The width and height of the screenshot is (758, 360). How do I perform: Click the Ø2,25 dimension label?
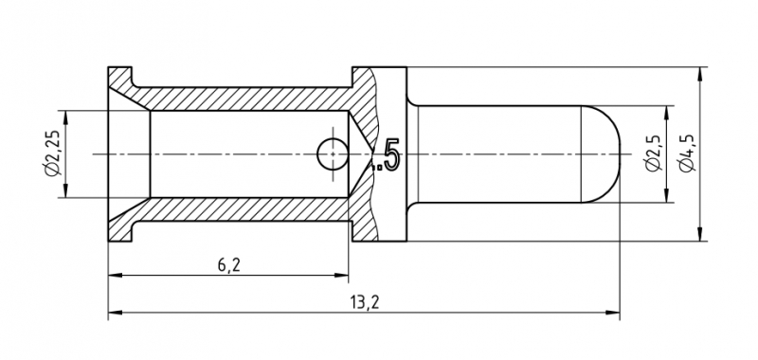coord(53,153)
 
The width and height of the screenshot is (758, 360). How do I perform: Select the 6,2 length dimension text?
coord(228,265)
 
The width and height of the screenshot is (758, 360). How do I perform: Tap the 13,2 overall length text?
coord(365,302)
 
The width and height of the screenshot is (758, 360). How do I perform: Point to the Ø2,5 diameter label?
coord(653,153)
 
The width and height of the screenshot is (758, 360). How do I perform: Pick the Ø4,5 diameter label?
coord(687,153)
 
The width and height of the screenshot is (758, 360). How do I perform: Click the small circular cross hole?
coord(333,154)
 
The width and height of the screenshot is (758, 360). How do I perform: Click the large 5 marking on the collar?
coord(392,153)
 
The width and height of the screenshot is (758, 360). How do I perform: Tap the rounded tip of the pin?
coord(601,153)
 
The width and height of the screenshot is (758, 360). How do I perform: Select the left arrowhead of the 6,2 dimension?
coord(115,275)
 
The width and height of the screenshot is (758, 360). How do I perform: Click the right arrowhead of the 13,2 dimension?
coord(612,313)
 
